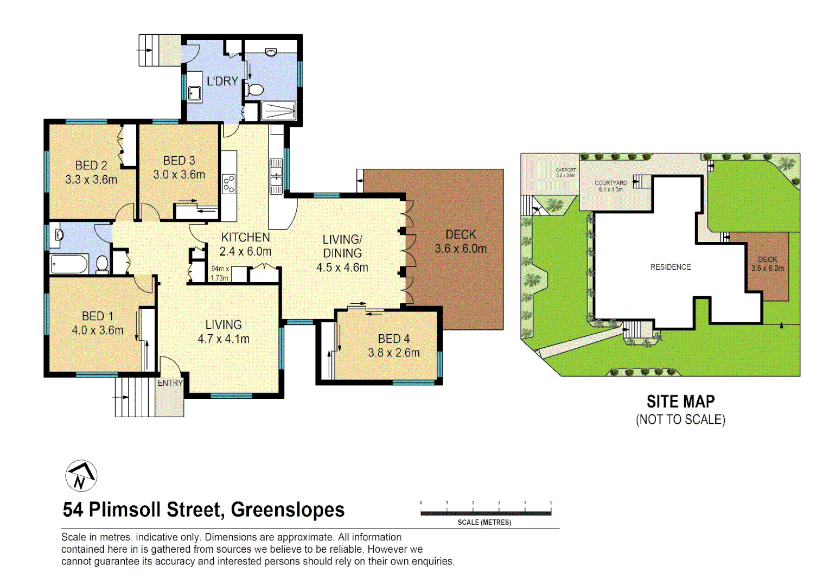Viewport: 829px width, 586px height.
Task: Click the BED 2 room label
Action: pyautogui.click(x=91, y=165)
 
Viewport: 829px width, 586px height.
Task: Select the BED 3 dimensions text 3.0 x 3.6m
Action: pyautogui.click(x=179, y=175)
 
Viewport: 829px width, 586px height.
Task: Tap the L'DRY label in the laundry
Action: pyautogui.click(x=222, y=81)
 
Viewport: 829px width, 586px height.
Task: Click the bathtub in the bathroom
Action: pyautogui.click(x=69, y=265)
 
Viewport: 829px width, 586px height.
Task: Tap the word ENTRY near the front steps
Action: pyautogui.click(x=170, y=383)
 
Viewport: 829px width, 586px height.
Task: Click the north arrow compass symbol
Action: pyautogui.click(x=81, y=476)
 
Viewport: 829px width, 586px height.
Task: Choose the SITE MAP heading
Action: pyautogui.click(x=680, y=402)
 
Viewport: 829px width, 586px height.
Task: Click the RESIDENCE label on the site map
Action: pyautogui.click(x=671, y=267)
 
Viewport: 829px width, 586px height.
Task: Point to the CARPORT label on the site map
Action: pyautogui.click(x=565, y=170)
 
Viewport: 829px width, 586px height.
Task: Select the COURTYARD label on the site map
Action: pyautogui.click(x=610, y=183)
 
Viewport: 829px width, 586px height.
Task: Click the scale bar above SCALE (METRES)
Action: pyautogui.click(x=486, y=513)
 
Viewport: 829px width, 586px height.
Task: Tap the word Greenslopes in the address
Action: pyautogui.click(x=288, y=510)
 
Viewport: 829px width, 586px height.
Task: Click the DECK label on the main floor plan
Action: pyautogui.click(x=461, y=234)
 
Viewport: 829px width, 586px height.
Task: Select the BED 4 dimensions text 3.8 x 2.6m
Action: pyautogui.click(x=394, y=353)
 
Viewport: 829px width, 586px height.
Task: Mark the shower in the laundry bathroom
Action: pyautogui.click(x=279, y=111)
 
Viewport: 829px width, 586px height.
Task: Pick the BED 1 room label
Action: pyautogui.click(x=98, y=316)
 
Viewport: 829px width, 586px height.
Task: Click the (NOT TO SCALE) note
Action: pyautogui.click(x=680, y=419)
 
